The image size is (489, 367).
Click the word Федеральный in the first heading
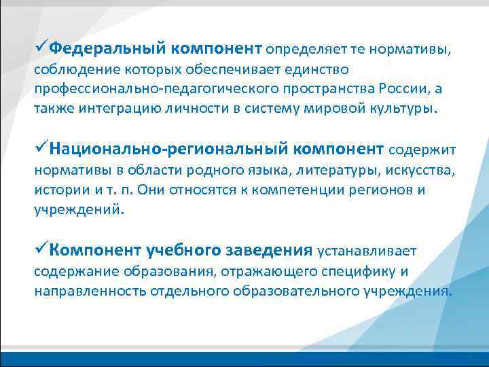click(108, 48)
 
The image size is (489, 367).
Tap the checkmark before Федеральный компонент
click(41, 48)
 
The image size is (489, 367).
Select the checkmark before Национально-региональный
click(41, 148)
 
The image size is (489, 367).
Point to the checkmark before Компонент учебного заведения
click(41, 249)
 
